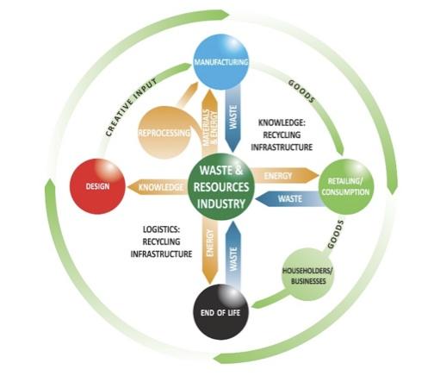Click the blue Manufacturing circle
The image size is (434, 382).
(x=221, y=62)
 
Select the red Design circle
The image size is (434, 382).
(x=98, y=186)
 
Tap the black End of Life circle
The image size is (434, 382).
(x=220, y=312)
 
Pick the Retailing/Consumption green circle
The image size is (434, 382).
(x=346, y=187)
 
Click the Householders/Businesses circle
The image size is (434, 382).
(x=307, y=275)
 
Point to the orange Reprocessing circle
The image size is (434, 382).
(x=164, y=133)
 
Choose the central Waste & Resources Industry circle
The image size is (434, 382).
(x=221, y=187)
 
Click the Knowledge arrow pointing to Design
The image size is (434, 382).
(x=158, y=187)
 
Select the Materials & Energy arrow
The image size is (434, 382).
(x=210, y=122)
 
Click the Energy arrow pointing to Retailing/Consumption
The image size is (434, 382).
(x=285, y=175)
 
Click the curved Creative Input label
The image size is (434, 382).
(x=131, y=107)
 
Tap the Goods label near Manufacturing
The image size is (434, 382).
(x=301, y=91)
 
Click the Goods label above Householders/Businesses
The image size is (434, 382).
(x=335, y=235)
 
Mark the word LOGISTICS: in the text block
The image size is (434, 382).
(x=161, y=229)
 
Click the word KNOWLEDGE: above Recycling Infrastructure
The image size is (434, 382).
(x=282, y=122)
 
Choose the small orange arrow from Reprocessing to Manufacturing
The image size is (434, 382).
(x=187, y=94)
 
